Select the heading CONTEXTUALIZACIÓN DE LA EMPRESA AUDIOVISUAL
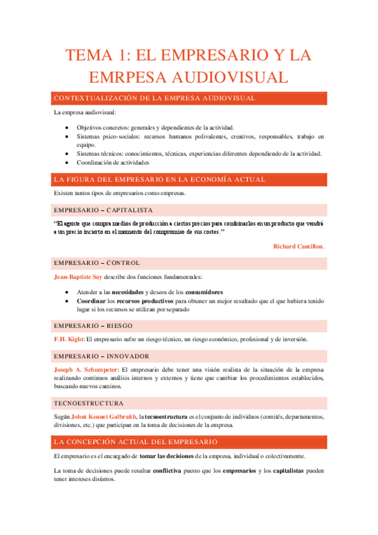(155, 98)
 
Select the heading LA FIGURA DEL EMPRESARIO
(160, 179)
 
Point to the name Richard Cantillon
(298, 246)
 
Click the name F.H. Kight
(68, 339)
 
